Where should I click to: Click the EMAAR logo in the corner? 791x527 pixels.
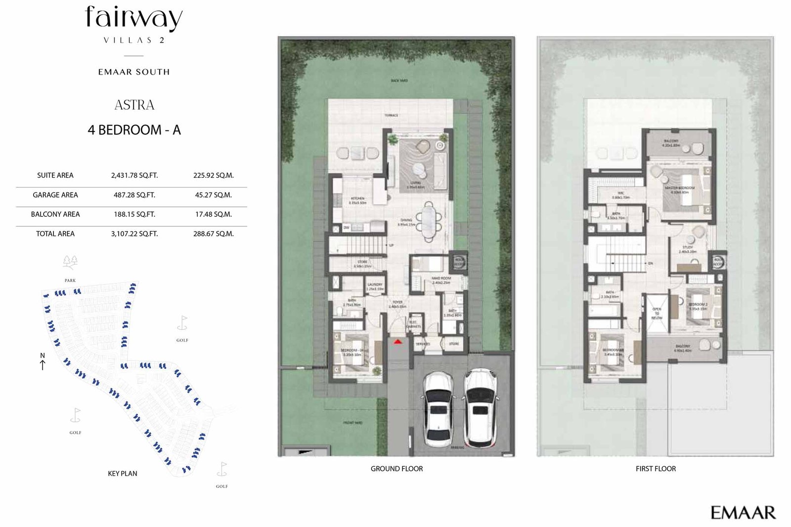(743, 513)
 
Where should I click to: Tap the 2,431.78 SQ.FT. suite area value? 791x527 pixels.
(134, 175)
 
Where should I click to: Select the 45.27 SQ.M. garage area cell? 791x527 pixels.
(213, 195)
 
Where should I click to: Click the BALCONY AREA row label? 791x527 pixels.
(55, 214)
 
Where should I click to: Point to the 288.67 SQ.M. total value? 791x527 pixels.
(213, 234)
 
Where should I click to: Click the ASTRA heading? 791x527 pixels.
(134, 105)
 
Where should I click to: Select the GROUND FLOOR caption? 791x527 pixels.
(396, 469)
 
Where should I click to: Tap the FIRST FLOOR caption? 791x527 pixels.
(656, 469)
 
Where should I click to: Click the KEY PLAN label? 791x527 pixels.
(123, 474)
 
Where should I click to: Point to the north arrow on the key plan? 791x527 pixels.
(43, 362)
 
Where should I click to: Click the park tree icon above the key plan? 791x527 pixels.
(70, 262)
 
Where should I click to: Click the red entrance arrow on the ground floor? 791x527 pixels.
(397, 341)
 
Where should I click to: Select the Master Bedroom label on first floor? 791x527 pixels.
(680, 188)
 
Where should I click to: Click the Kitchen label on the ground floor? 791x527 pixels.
(357, 199)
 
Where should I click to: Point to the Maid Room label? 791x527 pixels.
(441, 279)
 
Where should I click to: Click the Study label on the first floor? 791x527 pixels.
(687, 247)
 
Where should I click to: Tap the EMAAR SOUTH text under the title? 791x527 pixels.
(134, 72)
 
